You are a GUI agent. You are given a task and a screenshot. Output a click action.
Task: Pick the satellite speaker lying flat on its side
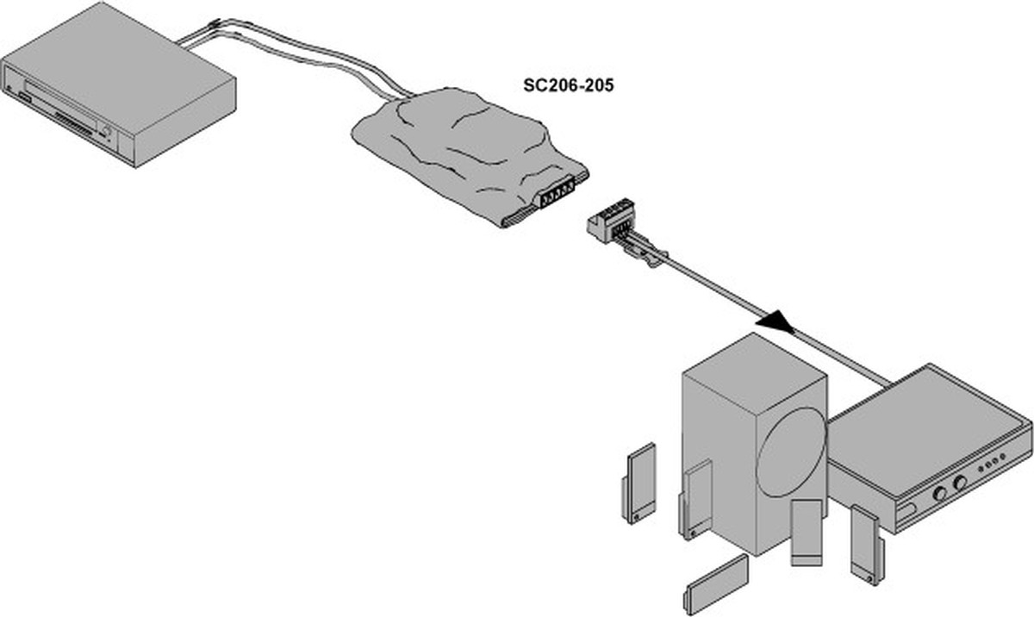pos(716,583)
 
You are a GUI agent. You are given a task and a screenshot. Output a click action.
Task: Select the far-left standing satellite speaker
pos(638,482)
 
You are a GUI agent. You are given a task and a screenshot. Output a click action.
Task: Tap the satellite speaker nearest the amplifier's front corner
pos(864,543)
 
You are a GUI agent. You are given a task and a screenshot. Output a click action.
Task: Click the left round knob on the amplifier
pos(938,494)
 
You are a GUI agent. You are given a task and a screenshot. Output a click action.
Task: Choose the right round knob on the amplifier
pos(960,482)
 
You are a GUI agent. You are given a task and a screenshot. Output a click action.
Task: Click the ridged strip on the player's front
pos(74,122)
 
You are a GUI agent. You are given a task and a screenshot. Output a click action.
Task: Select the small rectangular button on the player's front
pos(23,101)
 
